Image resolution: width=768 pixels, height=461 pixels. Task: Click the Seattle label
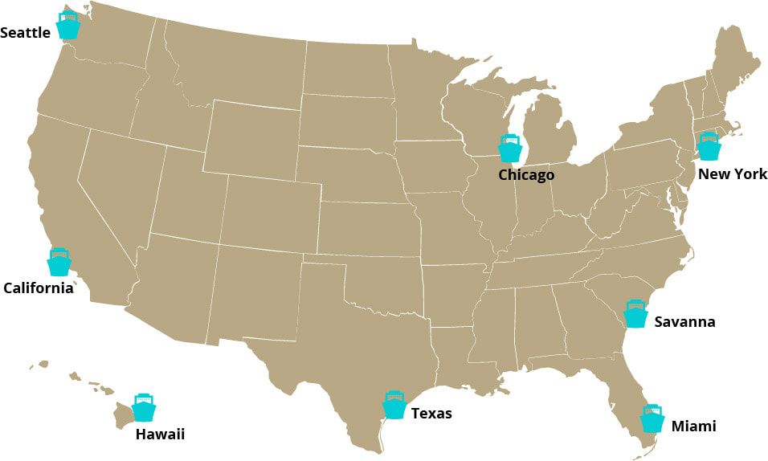(x=26, y=33)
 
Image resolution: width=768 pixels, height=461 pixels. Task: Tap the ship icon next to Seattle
(x=69, y=26)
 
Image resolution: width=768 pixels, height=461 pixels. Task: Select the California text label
(x=38, y=288)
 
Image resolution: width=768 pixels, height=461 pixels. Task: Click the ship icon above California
(x=59, y=262)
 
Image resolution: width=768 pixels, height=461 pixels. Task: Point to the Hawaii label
(x=160, y=434)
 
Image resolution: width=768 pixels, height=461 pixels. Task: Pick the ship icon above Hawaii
(x=143, y=408)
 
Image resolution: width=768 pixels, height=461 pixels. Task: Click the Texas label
(x=431, y=414)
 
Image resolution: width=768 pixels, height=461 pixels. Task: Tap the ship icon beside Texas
(x=394, y=406)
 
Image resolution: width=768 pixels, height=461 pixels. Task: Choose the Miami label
(x=693, y=426)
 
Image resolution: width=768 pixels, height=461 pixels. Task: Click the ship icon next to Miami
(x=652, y=418)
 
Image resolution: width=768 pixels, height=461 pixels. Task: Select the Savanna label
(x=684, y=322)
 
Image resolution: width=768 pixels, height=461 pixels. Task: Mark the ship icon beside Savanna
(x=635, y=314)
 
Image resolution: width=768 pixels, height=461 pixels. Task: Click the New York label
(x=733, y=174)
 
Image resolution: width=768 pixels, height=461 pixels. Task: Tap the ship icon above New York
(x=709, y=147)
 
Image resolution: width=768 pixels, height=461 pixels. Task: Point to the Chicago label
(x=526, y=175)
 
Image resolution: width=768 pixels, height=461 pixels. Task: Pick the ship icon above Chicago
(x=510, y=149)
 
